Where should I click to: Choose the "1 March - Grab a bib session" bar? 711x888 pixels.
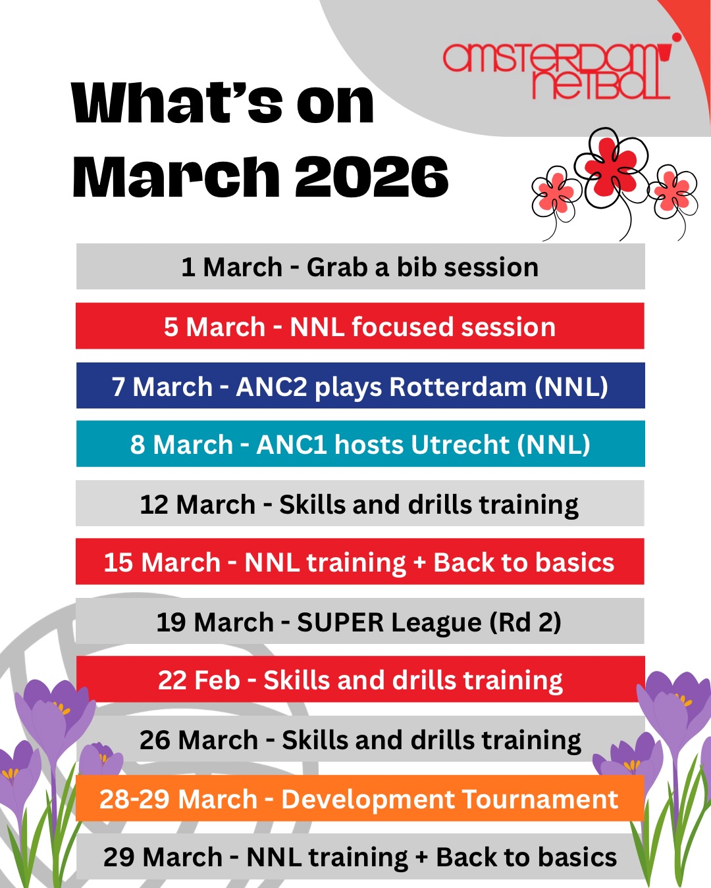coord(360,267)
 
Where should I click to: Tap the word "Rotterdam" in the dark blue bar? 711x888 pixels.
coord(458,387)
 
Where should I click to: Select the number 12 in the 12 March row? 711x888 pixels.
coord(154,505)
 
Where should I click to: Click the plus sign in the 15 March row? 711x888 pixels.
coord(420,564)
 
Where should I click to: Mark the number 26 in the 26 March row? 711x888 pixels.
coord(155,740)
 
